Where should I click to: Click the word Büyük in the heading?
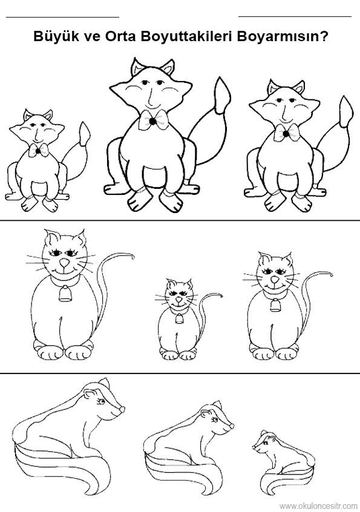click(x=55, y=36)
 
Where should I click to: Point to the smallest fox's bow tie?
click(x=38, y=150)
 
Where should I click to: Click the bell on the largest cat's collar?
click(x=65, y=294)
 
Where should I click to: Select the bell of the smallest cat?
click(x=179, y=319)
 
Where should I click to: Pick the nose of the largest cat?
click(x=64, y=263)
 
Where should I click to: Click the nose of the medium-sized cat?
click(x=275, y=280)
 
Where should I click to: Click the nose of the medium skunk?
click(x=232, y=426)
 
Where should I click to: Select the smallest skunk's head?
click(x=264, y=443)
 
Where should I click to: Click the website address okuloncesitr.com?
click(x=318, y=506)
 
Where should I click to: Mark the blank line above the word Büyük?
click(x=63, y=16)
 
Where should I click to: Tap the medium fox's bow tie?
click(x=286, y=133)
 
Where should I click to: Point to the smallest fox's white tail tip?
click(x=85, y=133)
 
